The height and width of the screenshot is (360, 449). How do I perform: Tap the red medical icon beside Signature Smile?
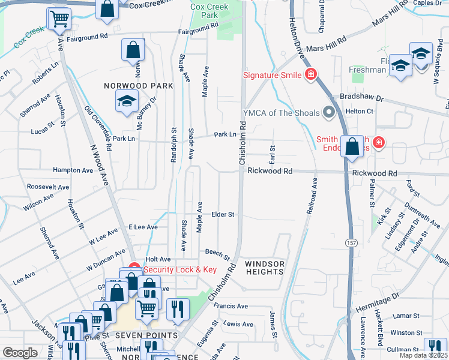click(311, 75)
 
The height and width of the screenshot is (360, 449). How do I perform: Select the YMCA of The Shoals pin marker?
click(328, 112)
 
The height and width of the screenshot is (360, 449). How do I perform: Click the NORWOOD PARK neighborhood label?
click(138, 86)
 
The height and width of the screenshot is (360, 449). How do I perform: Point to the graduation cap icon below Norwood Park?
click(127, 103)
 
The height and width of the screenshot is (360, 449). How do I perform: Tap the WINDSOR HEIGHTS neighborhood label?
click(264, 268)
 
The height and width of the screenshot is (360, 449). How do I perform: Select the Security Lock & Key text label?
click(179, 269)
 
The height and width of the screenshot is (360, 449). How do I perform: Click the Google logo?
click(20, 352)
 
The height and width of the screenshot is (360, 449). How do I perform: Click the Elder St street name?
click(222, 214)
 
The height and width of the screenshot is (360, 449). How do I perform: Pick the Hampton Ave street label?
click(73, 170)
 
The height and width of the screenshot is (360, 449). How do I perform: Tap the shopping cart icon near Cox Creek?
click(59, 19)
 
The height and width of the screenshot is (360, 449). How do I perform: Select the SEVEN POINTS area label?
click(146, 335)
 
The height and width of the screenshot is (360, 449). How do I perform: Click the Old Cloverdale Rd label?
click(99, 128)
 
